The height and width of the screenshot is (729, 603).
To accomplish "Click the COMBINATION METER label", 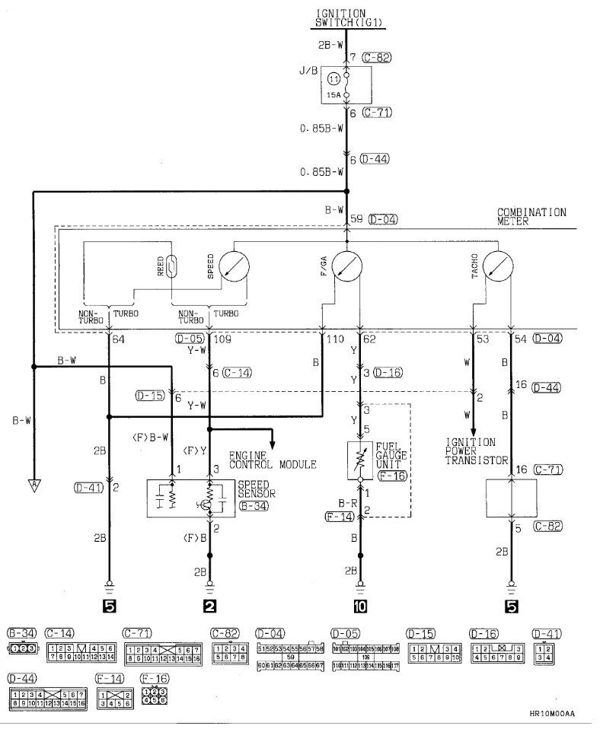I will click(x=531, y=216).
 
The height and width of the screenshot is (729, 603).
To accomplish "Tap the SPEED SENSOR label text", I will click(x=257, y=488).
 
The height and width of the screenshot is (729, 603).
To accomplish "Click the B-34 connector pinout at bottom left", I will click(x=24, y=649).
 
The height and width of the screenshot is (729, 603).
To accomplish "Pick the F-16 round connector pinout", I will click(x=155, y=694).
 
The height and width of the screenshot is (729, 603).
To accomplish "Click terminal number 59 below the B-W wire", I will click(x=356, y=219).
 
